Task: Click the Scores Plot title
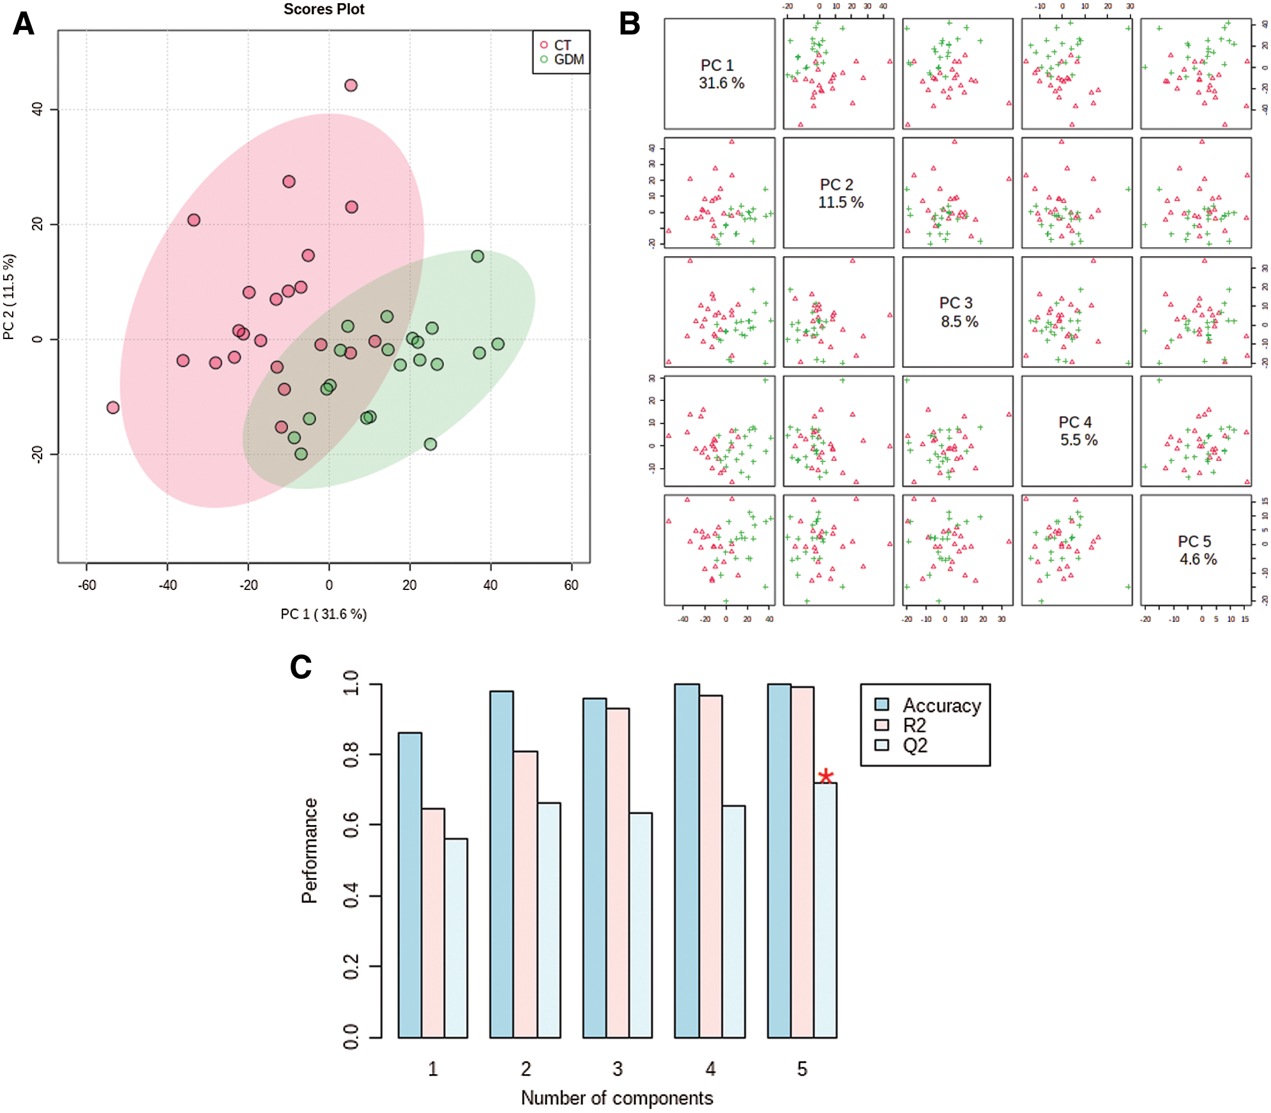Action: [x=324, y=10]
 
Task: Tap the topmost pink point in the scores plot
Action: [x=351, y=86]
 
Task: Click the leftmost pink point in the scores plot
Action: [x=113, y=407]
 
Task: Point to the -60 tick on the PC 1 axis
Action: [x=87, y=585]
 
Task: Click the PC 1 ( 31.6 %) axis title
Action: [x=324, y=614]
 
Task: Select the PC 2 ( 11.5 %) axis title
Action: [x=9, y=297]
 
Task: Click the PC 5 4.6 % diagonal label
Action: [x=1196, y=550]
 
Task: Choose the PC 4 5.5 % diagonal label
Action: [x=1077, y=431]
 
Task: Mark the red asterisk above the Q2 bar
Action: [x=826, y=776]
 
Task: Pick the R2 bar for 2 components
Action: [x=525, y=894]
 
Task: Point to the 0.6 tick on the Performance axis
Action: [x=351, y=825]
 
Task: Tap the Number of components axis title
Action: [x=617, y=1098]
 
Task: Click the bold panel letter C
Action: [x=301, y=667]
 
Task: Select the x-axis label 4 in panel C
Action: [x=710, y=1069]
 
